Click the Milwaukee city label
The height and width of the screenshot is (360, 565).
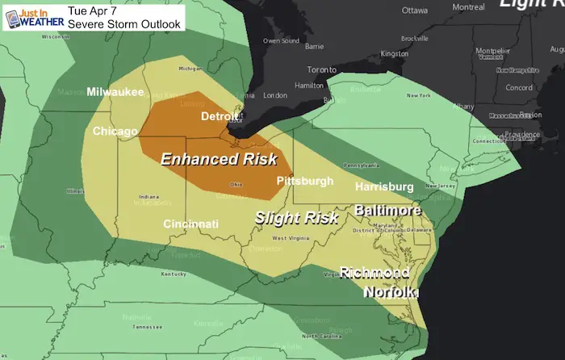pos(115,91)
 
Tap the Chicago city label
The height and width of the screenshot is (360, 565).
pos(115,131)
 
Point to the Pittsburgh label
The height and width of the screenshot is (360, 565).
pos(304,181)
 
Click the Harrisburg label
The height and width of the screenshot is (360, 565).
pos(383,187)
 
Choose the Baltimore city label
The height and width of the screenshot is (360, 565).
pos(387,210)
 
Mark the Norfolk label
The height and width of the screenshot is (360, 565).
pos(390,291)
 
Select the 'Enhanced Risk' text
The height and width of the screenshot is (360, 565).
pos(219,158)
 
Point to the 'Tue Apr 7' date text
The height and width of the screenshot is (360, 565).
pos(93,10)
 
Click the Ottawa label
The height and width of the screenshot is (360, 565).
pos(414,10)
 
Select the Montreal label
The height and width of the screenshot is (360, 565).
pos(469,6)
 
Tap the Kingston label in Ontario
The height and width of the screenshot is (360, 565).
pos(395,54)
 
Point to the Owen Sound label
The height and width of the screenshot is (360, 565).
pos(281,40)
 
